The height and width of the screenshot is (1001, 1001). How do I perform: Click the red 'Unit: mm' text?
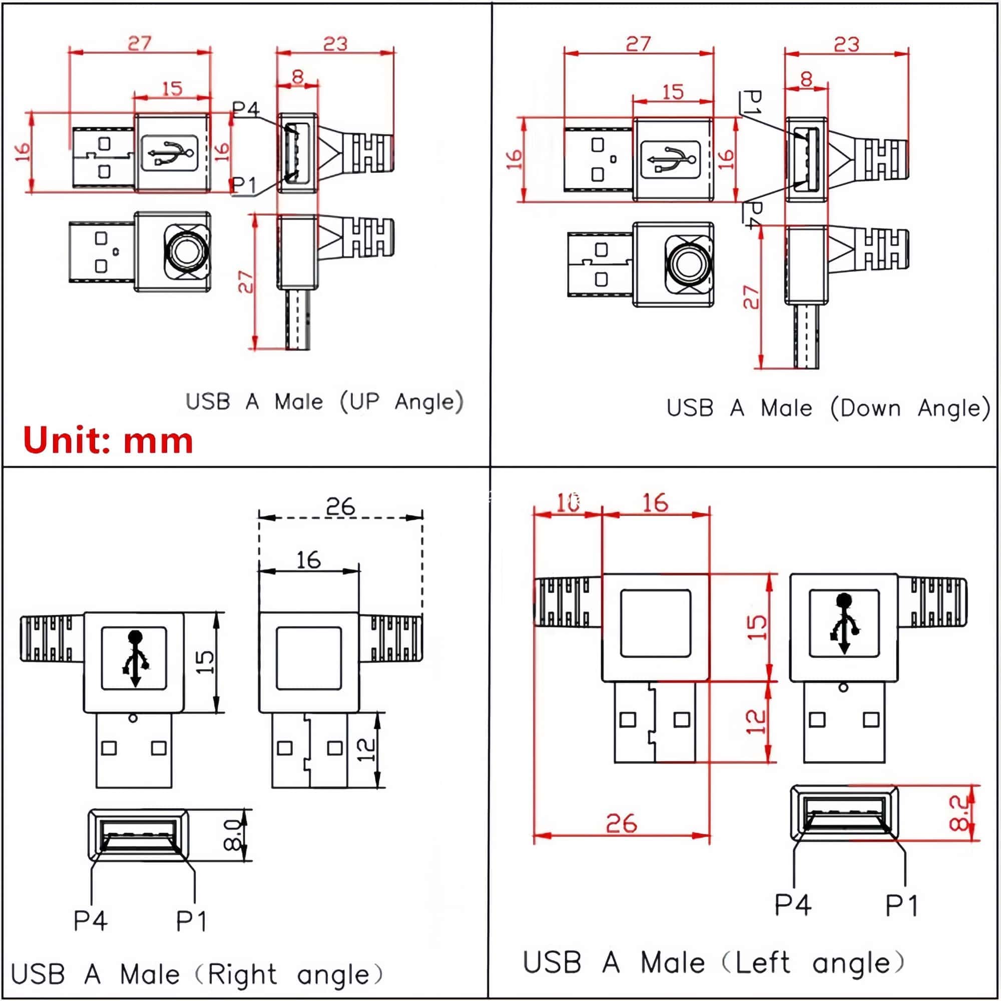(x=108, y=441)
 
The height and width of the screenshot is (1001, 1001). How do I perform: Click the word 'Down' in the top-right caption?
(x=870, y=408)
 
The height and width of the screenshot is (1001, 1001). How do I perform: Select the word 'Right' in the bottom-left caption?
(x=242, y=974)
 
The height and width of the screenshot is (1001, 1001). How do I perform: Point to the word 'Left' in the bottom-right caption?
(x=763, y=962)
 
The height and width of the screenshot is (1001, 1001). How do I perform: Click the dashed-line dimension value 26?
(x=340, y=506)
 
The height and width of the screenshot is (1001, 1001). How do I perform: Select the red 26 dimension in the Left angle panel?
(x=621, y=823)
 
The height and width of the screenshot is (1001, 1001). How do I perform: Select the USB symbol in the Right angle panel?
(x=135, y=658)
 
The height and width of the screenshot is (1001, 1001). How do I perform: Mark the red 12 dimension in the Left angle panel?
(x=755, y=721)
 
